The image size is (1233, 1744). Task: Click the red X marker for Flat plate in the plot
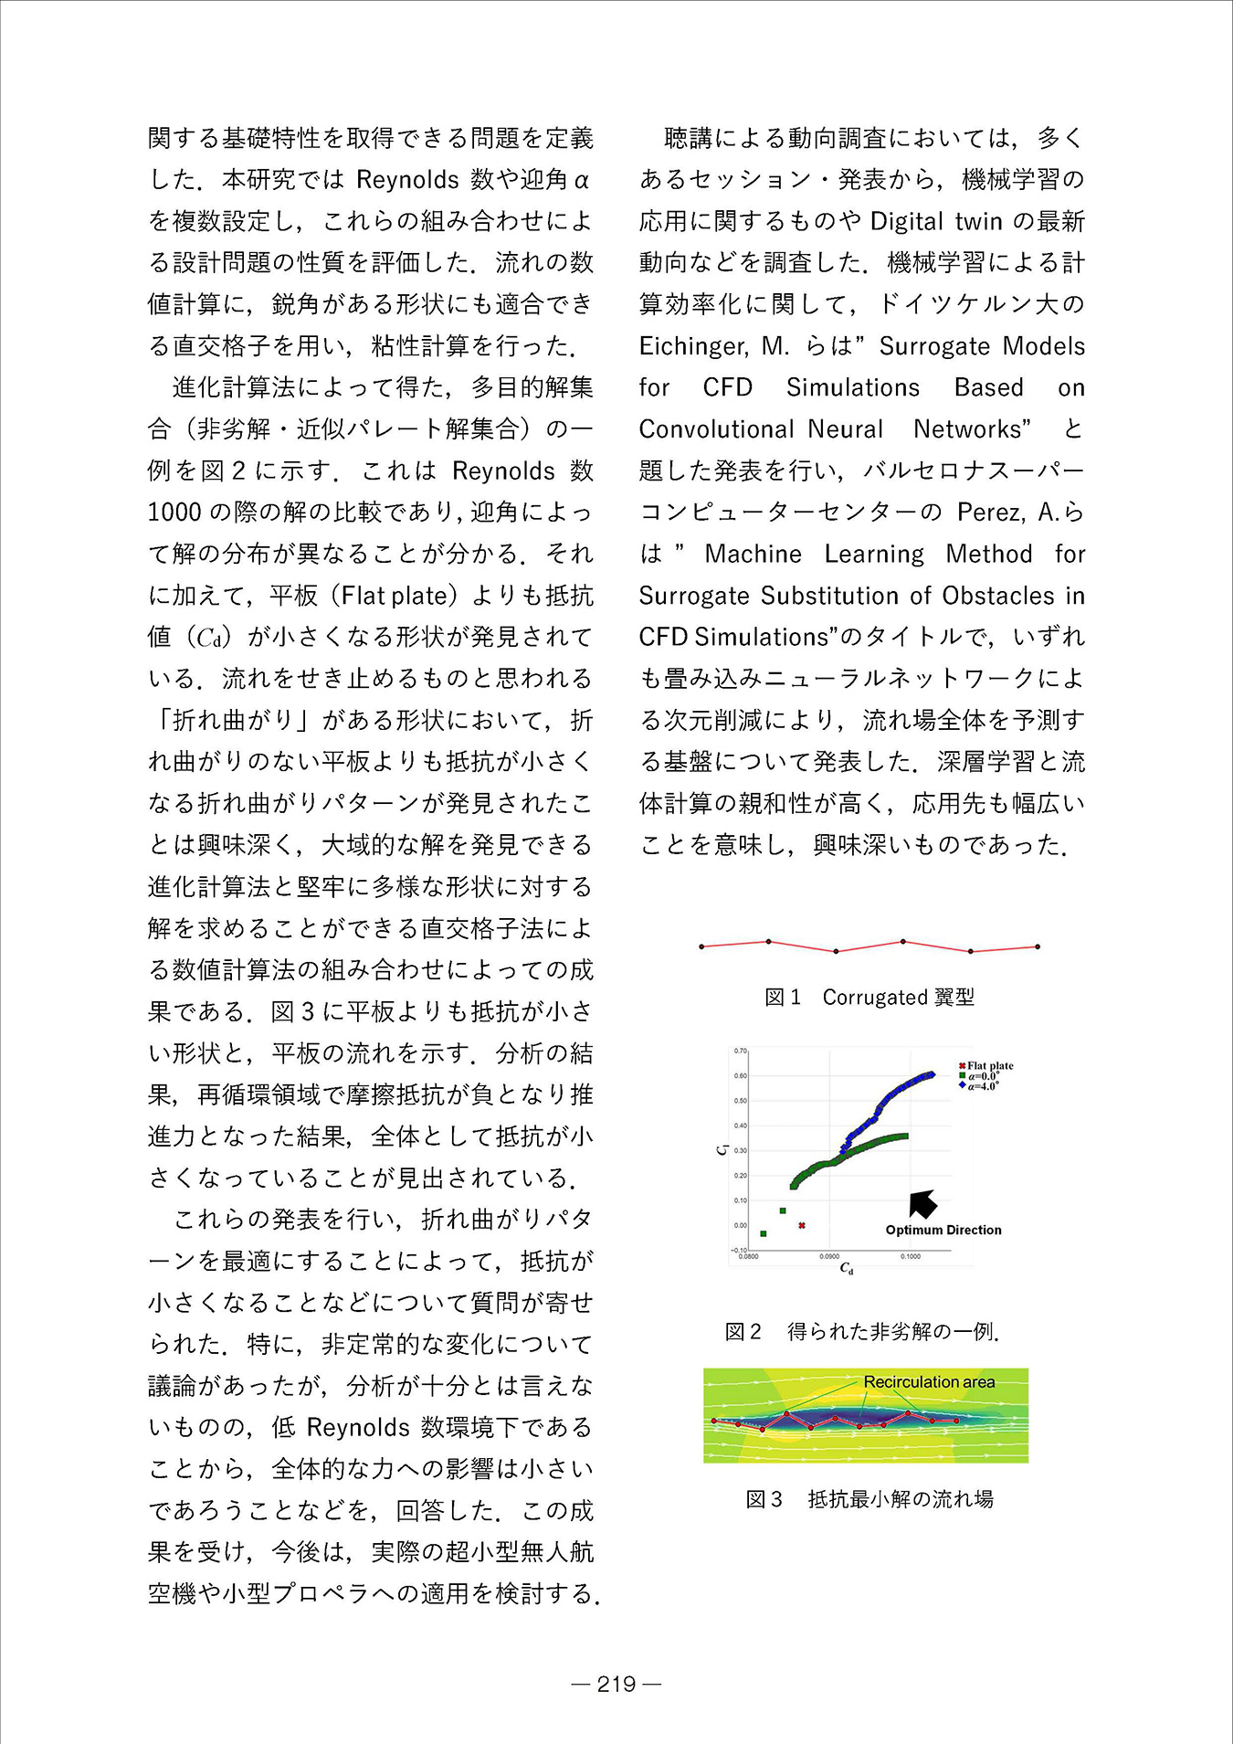pyautogui.click(x=801, y=1225)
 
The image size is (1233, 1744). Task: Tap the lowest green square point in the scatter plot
pyautogui.click(x=764, y=1233)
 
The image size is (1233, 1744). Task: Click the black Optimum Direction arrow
pyautogui.click(x=922, y=1204)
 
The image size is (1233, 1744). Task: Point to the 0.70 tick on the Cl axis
pyautogui.click(x=741, y=1051)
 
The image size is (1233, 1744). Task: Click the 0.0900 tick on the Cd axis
pyautogui.click(x=829, y=1256)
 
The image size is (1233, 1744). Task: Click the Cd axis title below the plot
pyautogui.click(x=847, y=1269)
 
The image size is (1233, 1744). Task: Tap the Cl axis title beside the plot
pyautogui.click(x=721, y=1149)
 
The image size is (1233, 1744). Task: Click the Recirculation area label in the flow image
pyautogui.click(x=929, y=1382)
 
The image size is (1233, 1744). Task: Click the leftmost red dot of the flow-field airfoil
pyautogui.click(x=714, y=1421)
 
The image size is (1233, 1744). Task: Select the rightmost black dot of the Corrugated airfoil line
pyautogui.click(x=1038, y=946)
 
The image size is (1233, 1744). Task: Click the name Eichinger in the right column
pyautogui.click(x=692, y=346)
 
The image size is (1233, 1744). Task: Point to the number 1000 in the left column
pyautogui.click(x=174, y=513)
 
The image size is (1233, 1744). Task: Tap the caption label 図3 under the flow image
pyautogui.click(x=764, y=1499)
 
